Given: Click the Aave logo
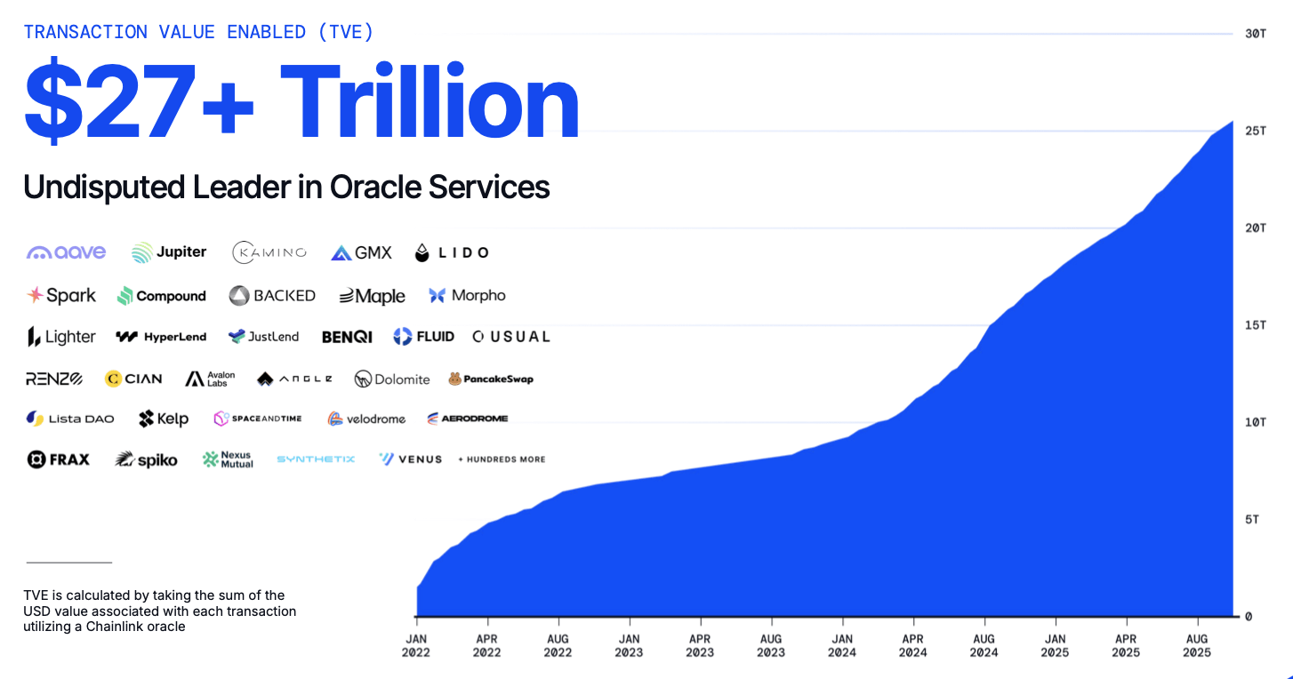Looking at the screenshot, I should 67,252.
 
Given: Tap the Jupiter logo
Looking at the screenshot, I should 169,252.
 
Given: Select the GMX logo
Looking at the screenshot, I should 361,252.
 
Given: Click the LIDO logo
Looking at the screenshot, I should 452,252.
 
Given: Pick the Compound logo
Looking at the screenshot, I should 162,296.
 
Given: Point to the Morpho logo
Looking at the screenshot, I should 467,296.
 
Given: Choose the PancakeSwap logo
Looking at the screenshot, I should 491,379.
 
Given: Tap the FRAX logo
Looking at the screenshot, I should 59,459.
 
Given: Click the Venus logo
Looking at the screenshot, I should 410,459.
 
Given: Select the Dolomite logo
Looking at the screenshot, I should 392,379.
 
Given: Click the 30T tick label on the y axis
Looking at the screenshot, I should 1255,34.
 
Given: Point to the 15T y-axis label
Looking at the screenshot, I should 1255,325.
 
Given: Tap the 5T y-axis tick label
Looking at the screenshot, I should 1251,519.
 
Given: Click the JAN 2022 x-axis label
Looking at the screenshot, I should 416,645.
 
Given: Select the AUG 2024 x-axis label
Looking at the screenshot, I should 984,645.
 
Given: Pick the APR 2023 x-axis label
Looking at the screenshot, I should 700,645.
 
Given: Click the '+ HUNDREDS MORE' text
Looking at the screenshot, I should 502,459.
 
